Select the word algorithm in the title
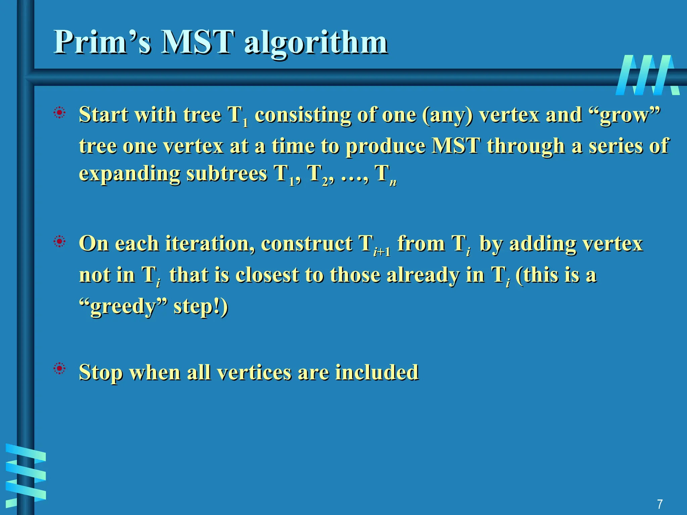click(x=316, y=44)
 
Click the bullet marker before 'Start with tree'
click(x=60, y=113)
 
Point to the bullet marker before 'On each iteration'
click(x=60, y=241)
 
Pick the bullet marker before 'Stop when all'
click(x=60, y=369)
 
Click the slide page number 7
click(x=659, y=504)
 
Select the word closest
click(x=267, y=275)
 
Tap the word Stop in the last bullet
click(x=101, y=373)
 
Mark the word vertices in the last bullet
click(x=254, y=372)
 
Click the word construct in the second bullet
click(x=307, y=244)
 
